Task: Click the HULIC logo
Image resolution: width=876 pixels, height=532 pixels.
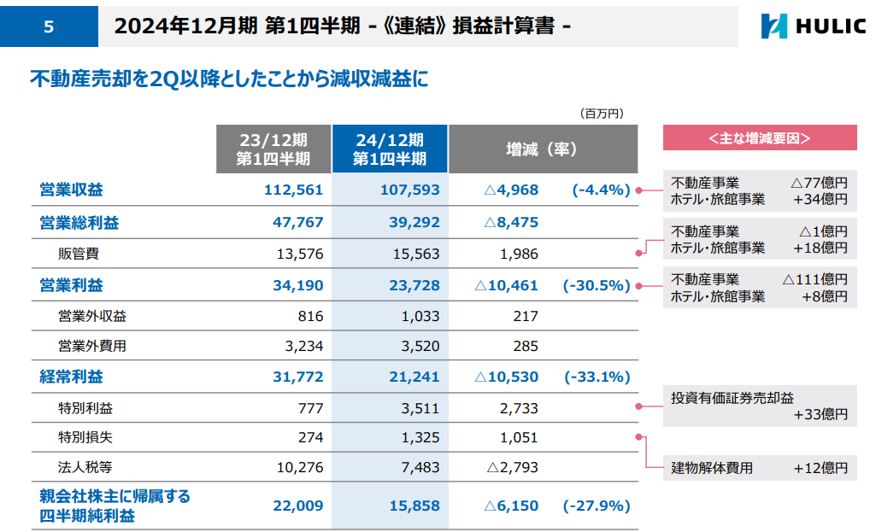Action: [812, 26]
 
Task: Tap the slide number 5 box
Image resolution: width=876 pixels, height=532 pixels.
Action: [48, 26]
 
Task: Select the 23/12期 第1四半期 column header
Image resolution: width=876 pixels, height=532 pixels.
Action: [273, 149]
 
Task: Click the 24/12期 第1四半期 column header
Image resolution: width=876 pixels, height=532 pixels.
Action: [389, 149]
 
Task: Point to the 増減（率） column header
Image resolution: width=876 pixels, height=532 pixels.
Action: [542, 149]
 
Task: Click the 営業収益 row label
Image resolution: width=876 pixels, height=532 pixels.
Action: [72, 190]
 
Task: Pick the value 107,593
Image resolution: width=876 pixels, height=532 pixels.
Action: [409, 190]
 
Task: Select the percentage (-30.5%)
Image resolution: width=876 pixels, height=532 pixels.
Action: [596, 285]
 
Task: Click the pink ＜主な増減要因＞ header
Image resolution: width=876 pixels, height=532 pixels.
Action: [759, 137]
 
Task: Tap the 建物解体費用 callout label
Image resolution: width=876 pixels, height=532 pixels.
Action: [712, 467]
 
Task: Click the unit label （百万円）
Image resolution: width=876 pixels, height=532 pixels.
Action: [602, 112]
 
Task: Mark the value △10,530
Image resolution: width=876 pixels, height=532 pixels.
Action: [506, 377]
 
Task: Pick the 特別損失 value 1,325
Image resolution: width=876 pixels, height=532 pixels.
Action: [419, 438]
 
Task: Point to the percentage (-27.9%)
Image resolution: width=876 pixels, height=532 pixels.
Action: [596, 506]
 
